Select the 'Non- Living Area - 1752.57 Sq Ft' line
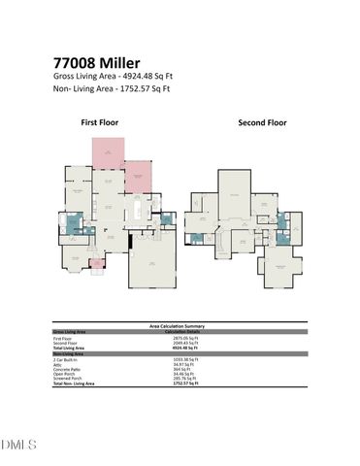(x=112, y=88)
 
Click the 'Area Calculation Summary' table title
(x=180, y=326)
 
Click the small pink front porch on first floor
(x=96, y=262)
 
